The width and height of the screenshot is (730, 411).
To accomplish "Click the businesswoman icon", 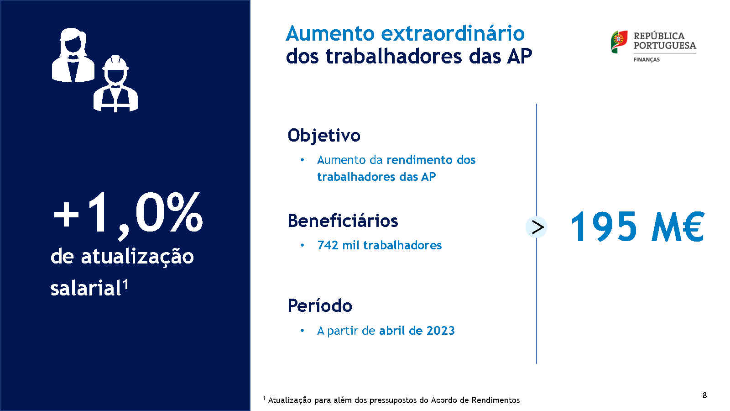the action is click(x=73, y=55).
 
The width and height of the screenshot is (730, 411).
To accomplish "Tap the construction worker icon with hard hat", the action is click(x=116, y=84).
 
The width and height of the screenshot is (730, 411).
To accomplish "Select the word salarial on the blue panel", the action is click(x=86, y=288).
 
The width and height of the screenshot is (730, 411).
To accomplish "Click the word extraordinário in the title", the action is click(x=453, y=34).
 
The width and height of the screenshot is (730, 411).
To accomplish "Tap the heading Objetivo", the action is click(x=324, y=135).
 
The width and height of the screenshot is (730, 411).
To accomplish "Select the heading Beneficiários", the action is click(x=343, y=221).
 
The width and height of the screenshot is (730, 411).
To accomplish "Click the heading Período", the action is click(x=320, y=306).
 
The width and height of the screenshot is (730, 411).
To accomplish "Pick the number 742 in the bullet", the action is click(x=328, y=245).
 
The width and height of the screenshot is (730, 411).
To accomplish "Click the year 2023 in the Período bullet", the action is click(x=441, y=331).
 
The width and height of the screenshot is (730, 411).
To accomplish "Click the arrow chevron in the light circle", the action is click(x=537, y=227).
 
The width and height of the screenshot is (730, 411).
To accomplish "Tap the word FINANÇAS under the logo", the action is click(x=647, y=60).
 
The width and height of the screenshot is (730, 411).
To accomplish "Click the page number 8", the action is click(x=704, y=395).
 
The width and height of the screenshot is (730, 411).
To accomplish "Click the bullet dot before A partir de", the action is click(x=302, y=331).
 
